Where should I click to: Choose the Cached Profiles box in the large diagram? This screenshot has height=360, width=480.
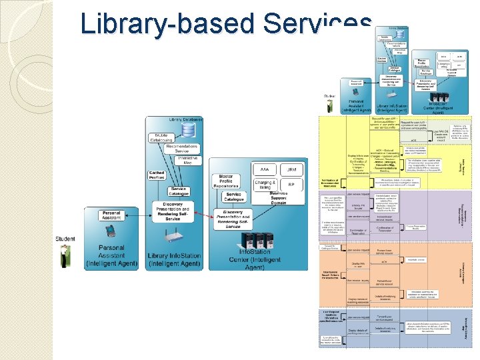[157, 175]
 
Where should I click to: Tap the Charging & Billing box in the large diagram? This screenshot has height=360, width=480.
[265, 186]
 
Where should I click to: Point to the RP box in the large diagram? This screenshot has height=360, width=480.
[291, 186]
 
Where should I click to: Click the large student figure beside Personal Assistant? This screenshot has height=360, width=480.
[64, 255]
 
